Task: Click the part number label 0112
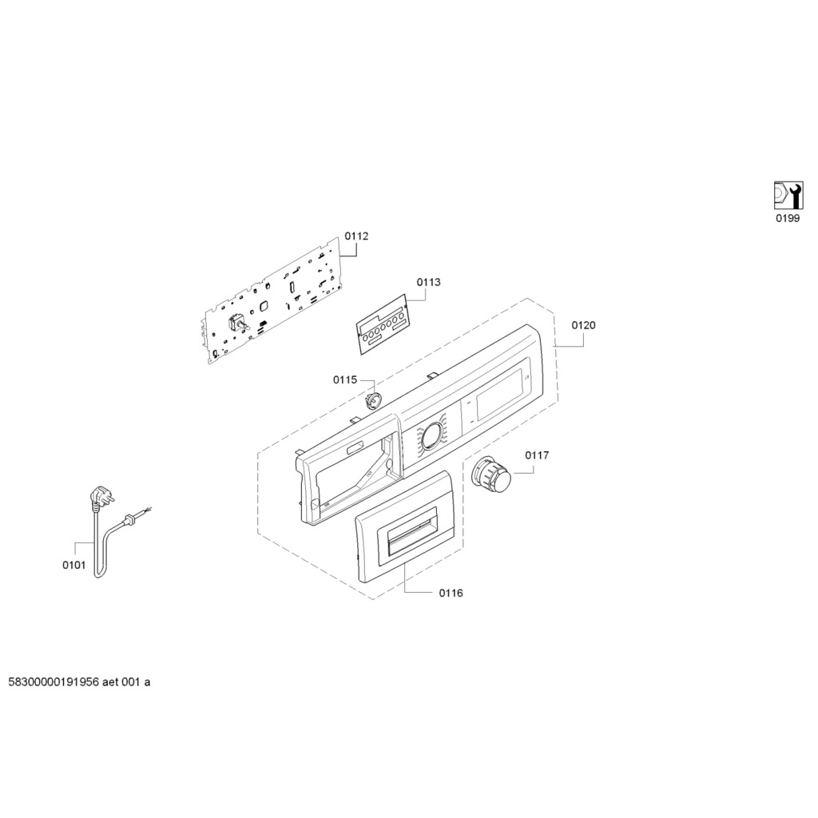[x=356, y=236]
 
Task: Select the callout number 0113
[x=428, y=282]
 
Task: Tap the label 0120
[x=583, y=326]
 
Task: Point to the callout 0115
[x=345, y=379]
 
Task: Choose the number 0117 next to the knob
[x=537, y=455]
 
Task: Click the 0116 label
[x=451, y=594]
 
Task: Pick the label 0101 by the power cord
[x=74, y=565]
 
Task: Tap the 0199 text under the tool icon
[x=788, y=219]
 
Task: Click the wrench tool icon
[x=788, y=196]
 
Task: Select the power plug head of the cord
[x=100, y=496]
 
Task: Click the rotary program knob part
[x=491, y=475]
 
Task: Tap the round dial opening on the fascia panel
[x=431, y=435]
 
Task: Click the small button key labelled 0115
[x=374, y=403]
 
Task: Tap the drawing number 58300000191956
[x=54, y=682]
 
